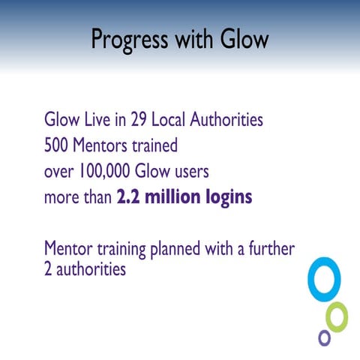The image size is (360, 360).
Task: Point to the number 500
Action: click(58, 145)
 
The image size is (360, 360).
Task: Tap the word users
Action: click(187, 172)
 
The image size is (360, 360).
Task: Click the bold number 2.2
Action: click(130, 198)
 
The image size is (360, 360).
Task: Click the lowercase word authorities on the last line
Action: click(91, 268)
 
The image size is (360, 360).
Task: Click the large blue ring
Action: click(324, 280)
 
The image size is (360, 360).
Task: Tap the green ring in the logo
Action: click(337, 316)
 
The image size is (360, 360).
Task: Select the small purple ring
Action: click(324, 337)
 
